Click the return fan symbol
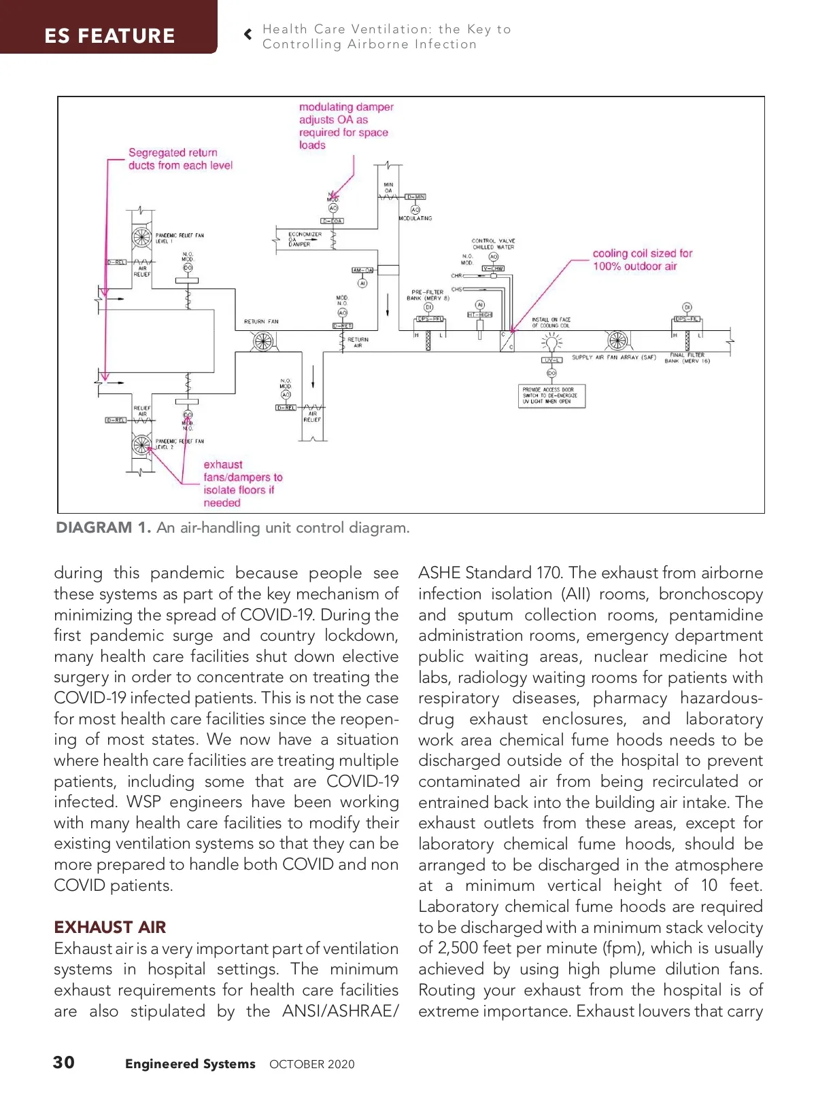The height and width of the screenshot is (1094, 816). point(263,342)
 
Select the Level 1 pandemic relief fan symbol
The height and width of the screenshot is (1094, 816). point(141,237)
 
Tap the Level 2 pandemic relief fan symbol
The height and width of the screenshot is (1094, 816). point(141,445)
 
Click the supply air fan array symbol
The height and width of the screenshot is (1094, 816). point(617,340)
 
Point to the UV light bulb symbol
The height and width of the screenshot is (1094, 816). point(551,343)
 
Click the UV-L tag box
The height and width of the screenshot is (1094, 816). point(551,360)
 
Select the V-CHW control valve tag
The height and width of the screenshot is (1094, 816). point(493,268)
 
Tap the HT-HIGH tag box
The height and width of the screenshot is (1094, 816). point(480,315)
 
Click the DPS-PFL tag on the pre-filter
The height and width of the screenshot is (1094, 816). point(430,319)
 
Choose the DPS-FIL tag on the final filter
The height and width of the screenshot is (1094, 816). point(687,319)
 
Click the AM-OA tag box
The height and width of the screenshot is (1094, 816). point(362,270)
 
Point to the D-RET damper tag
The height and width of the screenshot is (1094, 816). point(343,326)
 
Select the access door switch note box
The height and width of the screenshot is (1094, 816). point(551,395)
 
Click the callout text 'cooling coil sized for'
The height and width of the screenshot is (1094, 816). point(642,253)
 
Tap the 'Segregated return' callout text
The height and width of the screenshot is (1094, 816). point(173,153)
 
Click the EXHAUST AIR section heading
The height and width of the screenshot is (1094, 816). point(110,927)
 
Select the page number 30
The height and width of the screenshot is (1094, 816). point(64,1062)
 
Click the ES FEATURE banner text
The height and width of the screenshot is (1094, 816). point(109,35)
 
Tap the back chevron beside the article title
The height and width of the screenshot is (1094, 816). point(248,34)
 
